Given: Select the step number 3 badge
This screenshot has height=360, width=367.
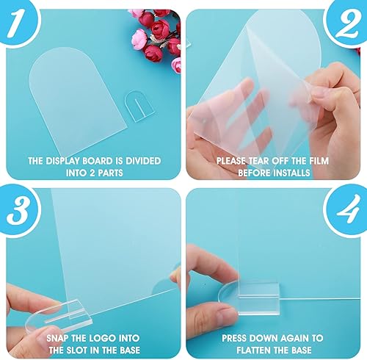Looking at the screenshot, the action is [x=18, y=211].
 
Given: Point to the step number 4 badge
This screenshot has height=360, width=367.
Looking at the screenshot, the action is [x=347, y=211].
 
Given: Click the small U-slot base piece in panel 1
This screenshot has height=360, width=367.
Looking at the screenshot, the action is [x=139, y=106].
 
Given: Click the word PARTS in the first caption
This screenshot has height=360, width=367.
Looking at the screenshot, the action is [x=110, y=173].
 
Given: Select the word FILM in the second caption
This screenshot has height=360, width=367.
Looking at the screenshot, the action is [x=319, y=161].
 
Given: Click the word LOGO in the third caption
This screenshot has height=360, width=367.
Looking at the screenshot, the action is [x=103, y=338].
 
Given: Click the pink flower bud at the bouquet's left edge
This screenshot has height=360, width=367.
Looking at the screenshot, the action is [x=139, y=39].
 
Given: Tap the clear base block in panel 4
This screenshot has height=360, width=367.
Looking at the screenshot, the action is [x=259, y=298].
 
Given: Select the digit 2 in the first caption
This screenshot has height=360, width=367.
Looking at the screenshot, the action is [x=92, y=173].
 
